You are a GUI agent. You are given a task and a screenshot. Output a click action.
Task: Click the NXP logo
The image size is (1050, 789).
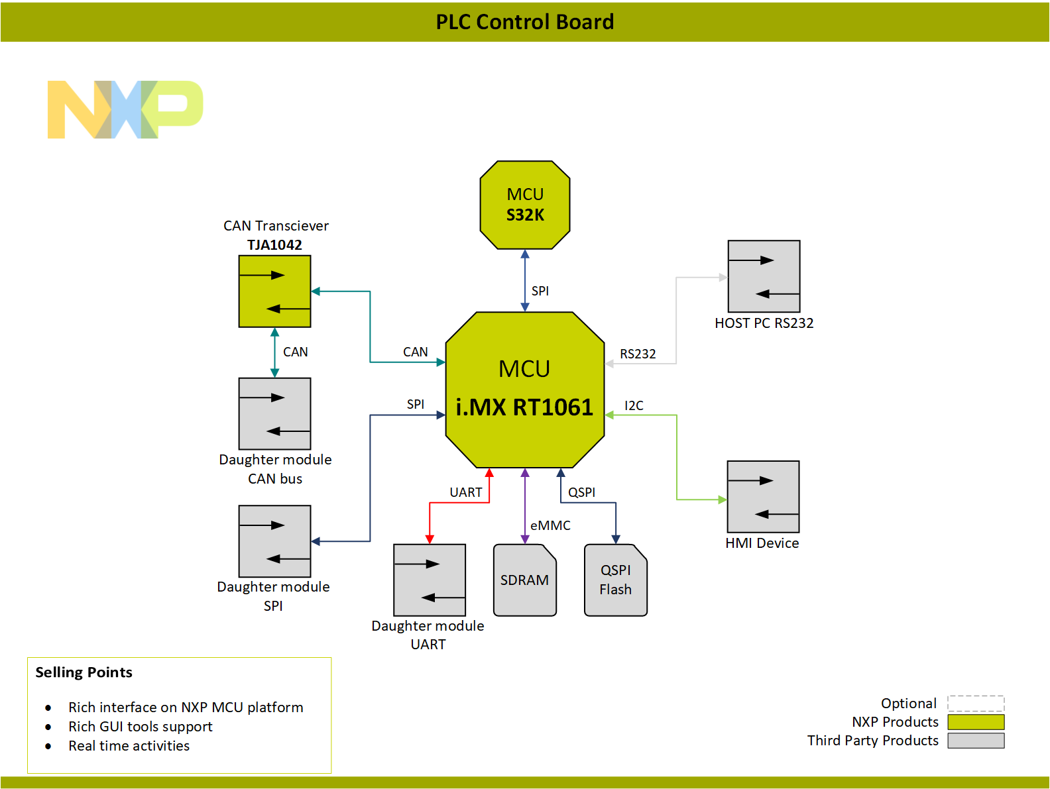pyautogui.click(x=125, y=109)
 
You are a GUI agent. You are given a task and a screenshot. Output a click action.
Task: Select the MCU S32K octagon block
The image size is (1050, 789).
pyautogui.click(x=525, y=205)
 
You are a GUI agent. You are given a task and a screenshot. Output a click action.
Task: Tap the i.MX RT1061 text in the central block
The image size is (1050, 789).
pyautogui.click(x=524, y=407)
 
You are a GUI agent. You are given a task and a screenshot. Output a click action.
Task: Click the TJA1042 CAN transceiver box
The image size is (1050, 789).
pyautogui.click(x=274, y=291)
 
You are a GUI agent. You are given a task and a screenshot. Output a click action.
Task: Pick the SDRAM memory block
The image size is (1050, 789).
pyautogui.click(x=524, y=580)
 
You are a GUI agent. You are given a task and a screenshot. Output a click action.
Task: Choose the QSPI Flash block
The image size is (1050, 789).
pyautogui.click(x=615, y=580)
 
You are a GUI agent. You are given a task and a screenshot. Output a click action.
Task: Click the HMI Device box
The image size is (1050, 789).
pyautogui.click(x=763, y=497)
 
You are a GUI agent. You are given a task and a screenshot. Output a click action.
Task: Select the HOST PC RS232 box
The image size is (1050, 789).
pyautogui.click(x=764, y=276)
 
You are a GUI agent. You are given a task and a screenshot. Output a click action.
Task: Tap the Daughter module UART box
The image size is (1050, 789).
pyautogui.click(x=430, y=580)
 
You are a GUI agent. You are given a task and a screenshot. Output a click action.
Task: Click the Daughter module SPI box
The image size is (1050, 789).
pyautogui.click(x=274, y=541)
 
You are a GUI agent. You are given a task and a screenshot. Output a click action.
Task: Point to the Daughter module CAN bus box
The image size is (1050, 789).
pyautogui.click(x=274, y=414)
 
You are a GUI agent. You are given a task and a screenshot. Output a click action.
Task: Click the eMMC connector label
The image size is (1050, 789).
pyautogui.click(x=550, y=525)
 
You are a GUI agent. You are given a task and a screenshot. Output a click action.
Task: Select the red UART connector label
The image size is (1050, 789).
pyautogui.click(x=465, y=492)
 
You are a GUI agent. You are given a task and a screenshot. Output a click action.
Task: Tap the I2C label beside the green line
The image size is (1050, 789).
pyautogui.click(x=634, y=405)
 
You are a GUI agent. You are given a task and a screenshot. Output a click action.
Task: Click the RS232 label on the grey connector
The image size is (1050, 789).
pyautogui.click(x=638, y=354)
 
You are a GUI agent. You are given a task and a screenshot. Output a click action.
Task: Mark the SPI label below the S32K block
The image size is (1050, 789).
pyautogui.click(x=540, y=291)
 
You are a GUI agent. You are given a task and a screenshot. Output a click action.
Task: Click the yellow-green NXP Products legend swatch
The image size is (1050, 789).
pyautogui.click(x=976, y=722)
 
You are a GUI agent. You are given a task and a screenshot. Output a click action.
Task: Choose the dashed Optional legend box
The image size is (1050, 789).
pyautogui.click(x=976, y=704)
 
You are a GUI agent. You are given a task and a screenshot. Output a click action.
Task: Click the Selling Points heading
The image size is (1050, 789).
pyautogui.click(x=84, y=672)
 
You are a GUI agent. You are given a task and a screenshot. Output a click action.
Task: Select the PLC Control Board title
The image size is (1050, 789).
pyautogui.click(x=524, y=22)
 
